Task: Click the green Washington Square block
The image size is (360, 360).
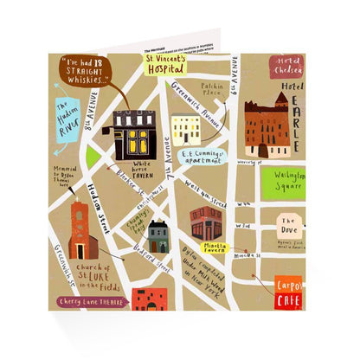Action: pos(284,183)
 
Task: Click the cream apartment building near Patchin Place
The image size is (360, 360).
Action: pos(186,130)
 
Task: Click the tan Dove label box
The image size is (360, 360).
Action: pos(290,228)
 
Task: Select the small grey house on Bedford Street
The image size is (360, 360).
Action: pos(157,235)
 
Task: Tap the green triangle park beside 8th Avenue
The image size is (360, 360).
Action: pos(93,157)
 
